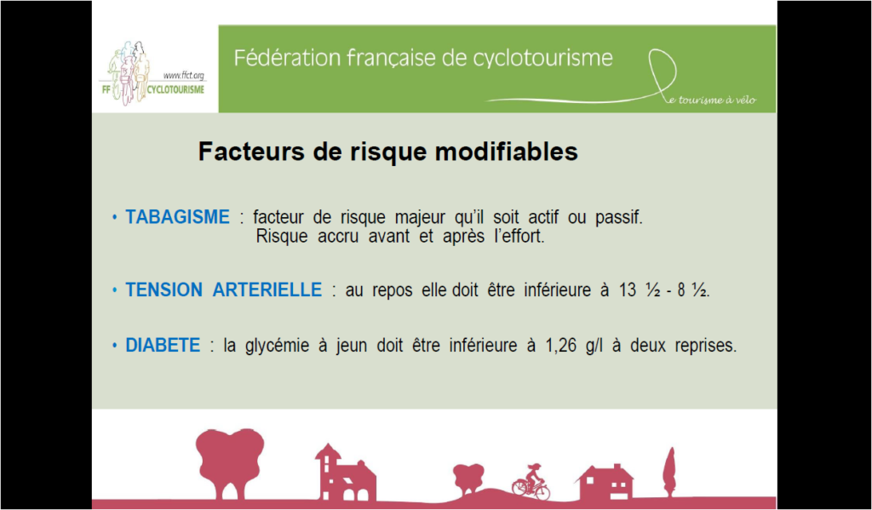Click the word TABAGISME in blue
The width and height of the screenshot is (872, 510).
[x=177, y=217]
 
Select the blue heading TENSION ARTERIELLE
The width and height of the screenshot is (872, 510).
[x=224, y=289]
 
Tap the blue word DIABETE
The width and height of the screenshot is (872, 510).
[x=163, y=346]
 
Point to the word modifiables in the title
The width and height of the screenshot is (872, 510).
[x=507, y=152]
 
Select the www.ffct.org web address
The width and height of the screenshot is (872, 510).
[x=184, y=75]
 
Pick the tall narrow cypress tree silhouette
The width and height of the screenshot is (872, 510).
[x=670, y=472]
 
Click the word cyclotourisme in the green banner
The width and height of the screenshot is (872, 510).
[x=542, y=59]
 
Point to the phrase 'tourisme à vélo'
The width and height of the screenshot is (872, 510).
[x=717, y=100]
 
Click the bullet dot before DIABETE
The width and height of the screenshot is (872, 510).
[x=115, y=346]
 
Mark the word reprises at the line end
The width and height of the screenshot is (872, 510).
[x=706, y=347]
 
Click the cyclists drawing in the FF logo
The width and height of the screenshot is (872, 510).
[x=129, y=72]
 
